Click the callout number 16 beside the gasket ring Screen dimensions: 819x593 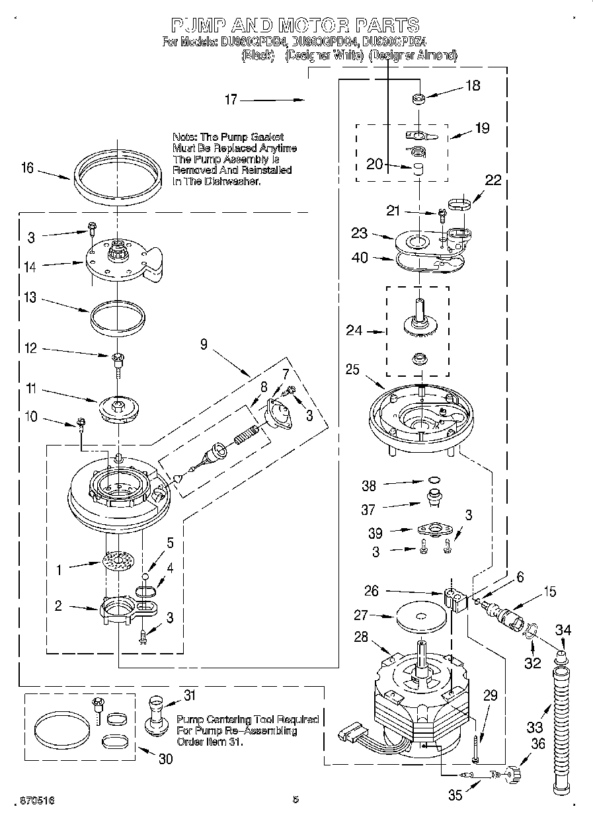click(26, 168)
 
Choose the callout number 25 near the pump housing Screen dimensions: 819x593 click(352, 369)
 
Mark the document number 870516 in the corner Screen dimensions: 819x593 click(28, 800)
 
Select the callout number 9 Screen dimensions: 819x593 click(204, 344)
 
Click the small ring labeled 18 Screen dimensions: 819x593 click(418, 99)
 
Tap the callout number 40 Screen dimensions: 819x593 click(360, 258)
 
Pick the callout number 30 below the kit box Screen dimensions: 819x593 click(165, 759)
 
